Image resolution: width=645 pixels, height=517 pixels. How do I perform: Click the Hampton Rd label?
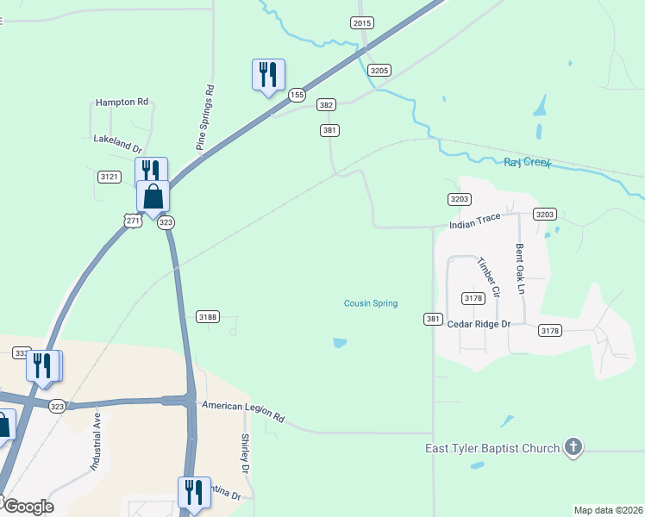[x=122, y=102]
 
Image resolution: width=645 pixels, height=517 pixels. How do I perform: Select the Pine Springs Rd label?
[x=205, y=118]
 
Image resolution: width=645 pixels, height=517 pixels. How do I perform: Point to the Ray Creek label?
[x=526, y=162]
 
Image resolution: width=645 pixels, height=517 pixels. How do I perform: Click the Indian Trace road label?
[x=474, y=221]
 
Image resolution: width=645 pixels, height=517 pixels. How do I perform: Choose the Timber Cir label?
[x=488, y=277]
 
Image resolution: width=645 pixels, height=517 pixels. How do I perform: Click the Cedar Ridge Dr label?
[x=479, y=324]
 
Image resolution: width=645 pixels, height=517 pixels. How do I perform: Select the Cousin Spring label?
[x=371, y=303]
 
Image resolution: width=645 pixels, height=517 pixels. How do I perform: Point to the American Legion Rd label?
[x=242, y=410]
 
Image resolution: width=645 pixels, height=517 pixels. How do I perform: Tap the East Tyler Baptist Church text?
[x=492, y=448]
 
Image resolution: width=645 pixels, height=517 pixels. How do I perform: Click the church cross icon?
[x=573, y=447]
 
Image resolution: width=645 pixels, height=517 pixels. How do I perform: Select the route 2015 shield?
[x=362, y=23]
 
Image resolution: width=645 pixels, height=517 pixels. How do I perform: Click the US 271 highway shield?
[x=132, y=221]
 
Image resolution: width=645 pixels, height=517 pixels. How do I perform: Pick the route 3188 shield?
[x=208, y=317]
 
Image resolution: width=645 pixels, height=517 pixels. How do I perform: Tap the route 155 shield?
[x=297, y=94]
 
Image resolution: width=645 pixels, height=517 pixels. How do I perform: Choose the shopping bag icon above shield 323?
[x=153, y=196]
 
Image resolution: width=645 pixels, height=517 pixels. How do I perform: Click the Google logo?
[x=28, y=507]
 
